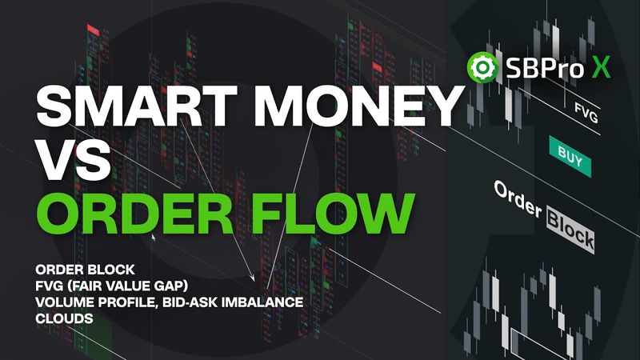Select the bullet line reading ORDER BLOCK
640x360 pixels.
tap(78, 268)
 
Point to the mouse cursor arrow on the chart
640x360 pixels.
tap(154, 238)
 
